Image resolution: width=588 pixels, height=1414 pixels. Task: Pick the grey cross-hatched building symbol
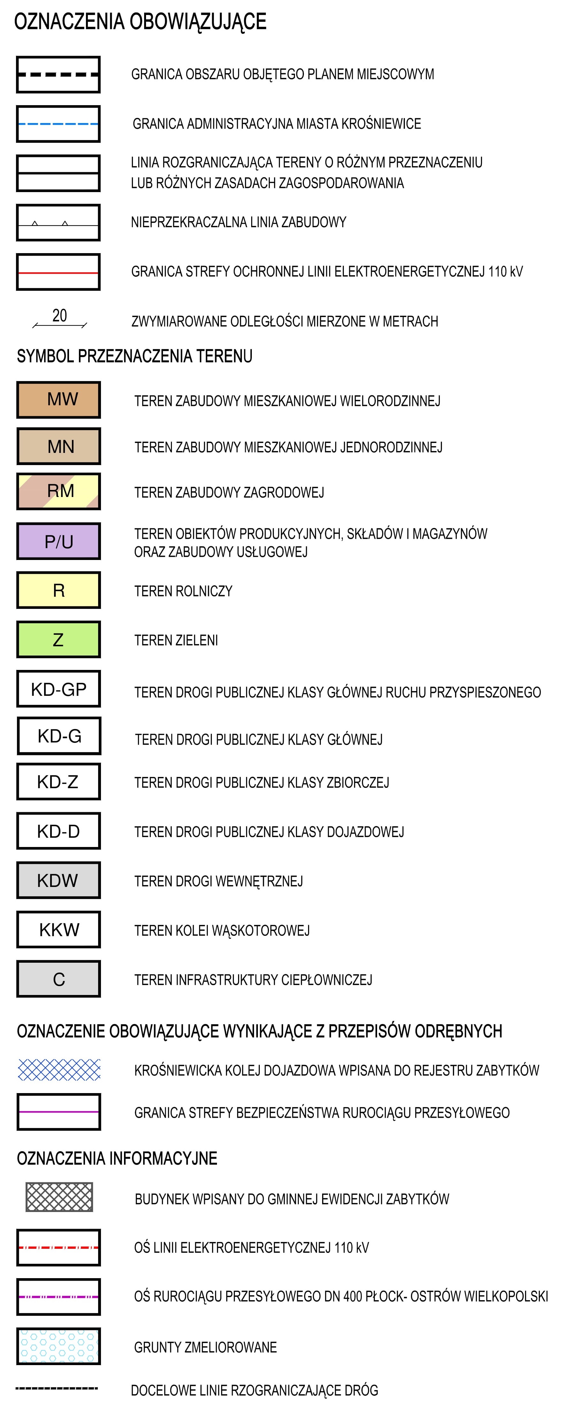(59, 1197)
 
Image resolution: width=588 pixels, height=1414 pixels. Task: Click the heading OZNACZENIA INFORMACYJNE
(117, 1158)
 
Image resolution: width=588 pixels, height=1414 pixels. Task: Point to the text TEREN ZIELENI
(176, 640)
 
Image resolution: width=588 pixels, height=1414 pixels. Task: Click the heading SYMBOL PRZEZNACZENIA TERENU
(135, 356)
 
